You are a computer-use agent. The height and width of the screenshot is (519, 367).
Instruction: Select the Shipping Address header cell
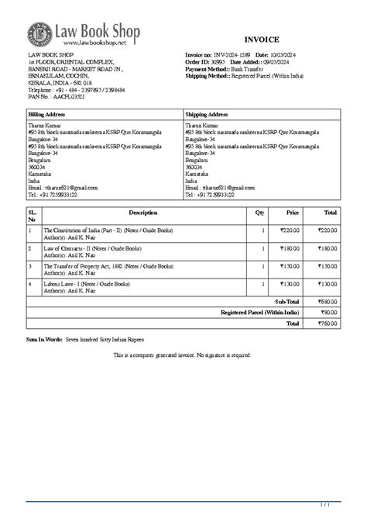(206, 114)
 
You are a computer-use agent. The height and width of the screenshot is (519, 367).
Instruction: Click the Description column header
(142, 212)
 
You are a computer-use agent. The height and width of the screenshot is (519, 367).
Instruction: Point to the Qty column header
(259, 212)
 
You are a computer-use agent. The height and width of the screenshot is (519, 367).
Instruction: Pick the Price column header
(293, 212)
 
